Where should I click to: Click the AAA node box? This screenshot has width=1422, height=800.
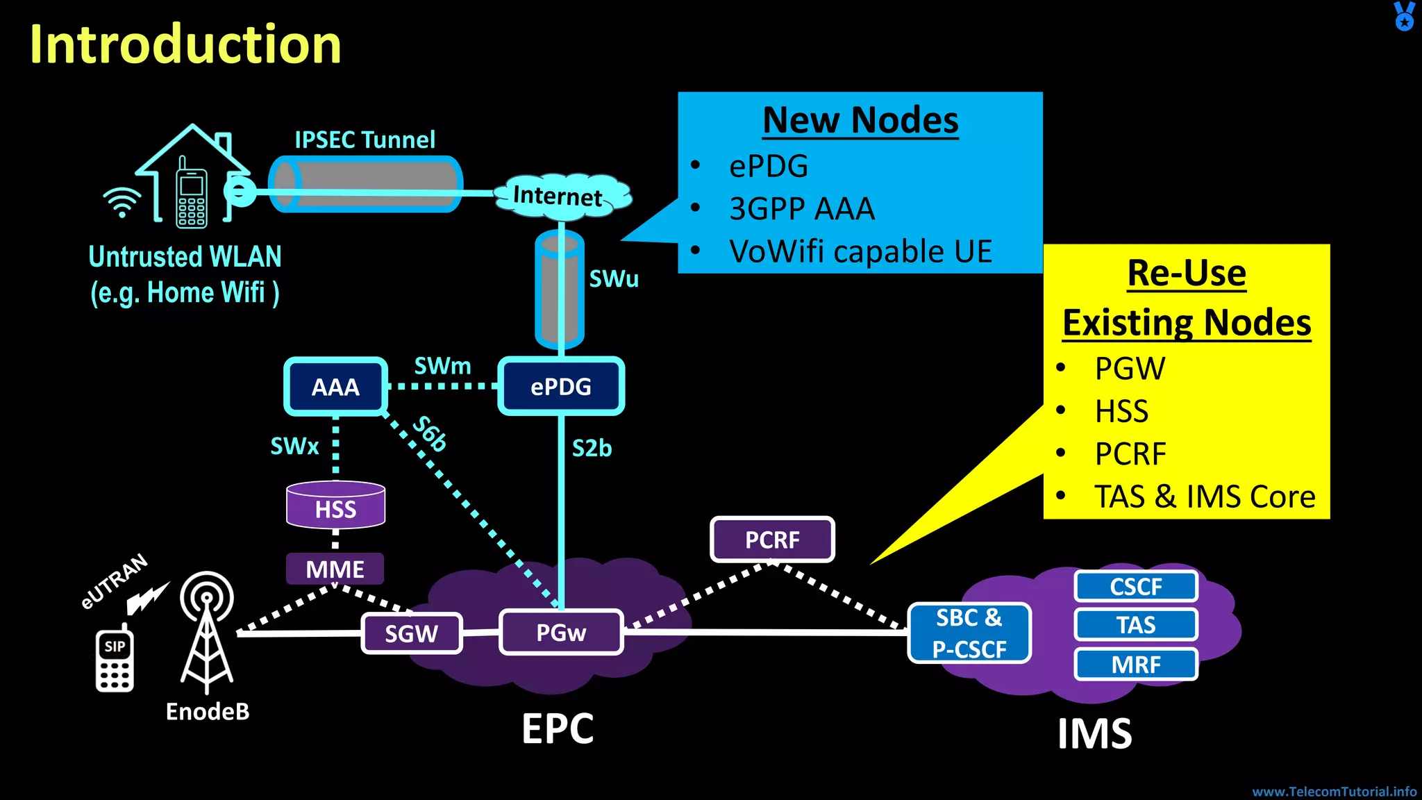pyautogui.click(x=335, y=387)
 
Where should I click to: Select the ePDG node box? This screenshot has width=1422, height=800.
pyautogui.click(x=561, y=387)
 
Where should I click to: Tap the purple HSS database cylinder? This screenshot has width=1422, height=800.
pyautogui.click(x=335, y=506)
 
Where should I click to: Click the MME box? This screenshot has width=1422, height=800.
pyautogui.click(x=335, y=569)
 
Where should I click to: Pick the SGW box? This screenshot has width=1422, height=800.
pyautogui.click(x=412, y=633)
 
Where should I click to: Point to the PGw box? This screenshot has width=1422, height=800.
pyautogui.click(x=561, y=633)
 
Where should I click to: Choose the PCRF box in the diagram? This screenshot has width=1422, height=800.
pyautogui.click(x=772, y=540)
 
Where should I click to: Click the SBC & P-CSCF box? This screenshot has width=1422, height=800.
pyautogui.click(x=969, y=633)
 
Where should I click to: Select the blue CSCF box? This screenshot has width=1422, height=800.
pyautogui.click(x=1136, y=587)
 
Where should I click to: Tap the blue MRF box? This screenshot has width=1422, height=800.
pyautogui.click(x=1136, y=665)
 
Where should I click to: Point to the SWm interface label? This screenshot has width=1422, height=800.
pyautogui.click(x=442, y=366)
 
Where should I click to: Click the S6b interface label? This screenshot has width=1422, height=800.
pyautogui.click(x=430, y=433)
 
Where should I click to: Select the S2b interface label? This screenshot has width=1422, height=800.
pyautogui.click(x=592, y=449)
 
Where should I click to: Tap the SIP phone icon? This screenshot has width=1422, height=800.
pyautogui.click(x=115, y=660)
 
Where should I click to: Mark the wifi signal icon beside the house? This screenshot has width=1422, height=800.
pyautogui.click(x=122, y=201)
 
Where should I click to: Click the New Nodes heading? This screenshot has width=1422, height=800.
pyautogui.click(x=860, y=120)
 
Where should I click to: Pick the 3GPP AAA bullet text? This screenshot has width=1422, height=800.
pyautogui.click(x=802, y=209)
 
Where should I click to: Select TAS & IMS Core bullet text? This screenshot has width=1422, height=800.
pyautogui.click(x=1205, y=497)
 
